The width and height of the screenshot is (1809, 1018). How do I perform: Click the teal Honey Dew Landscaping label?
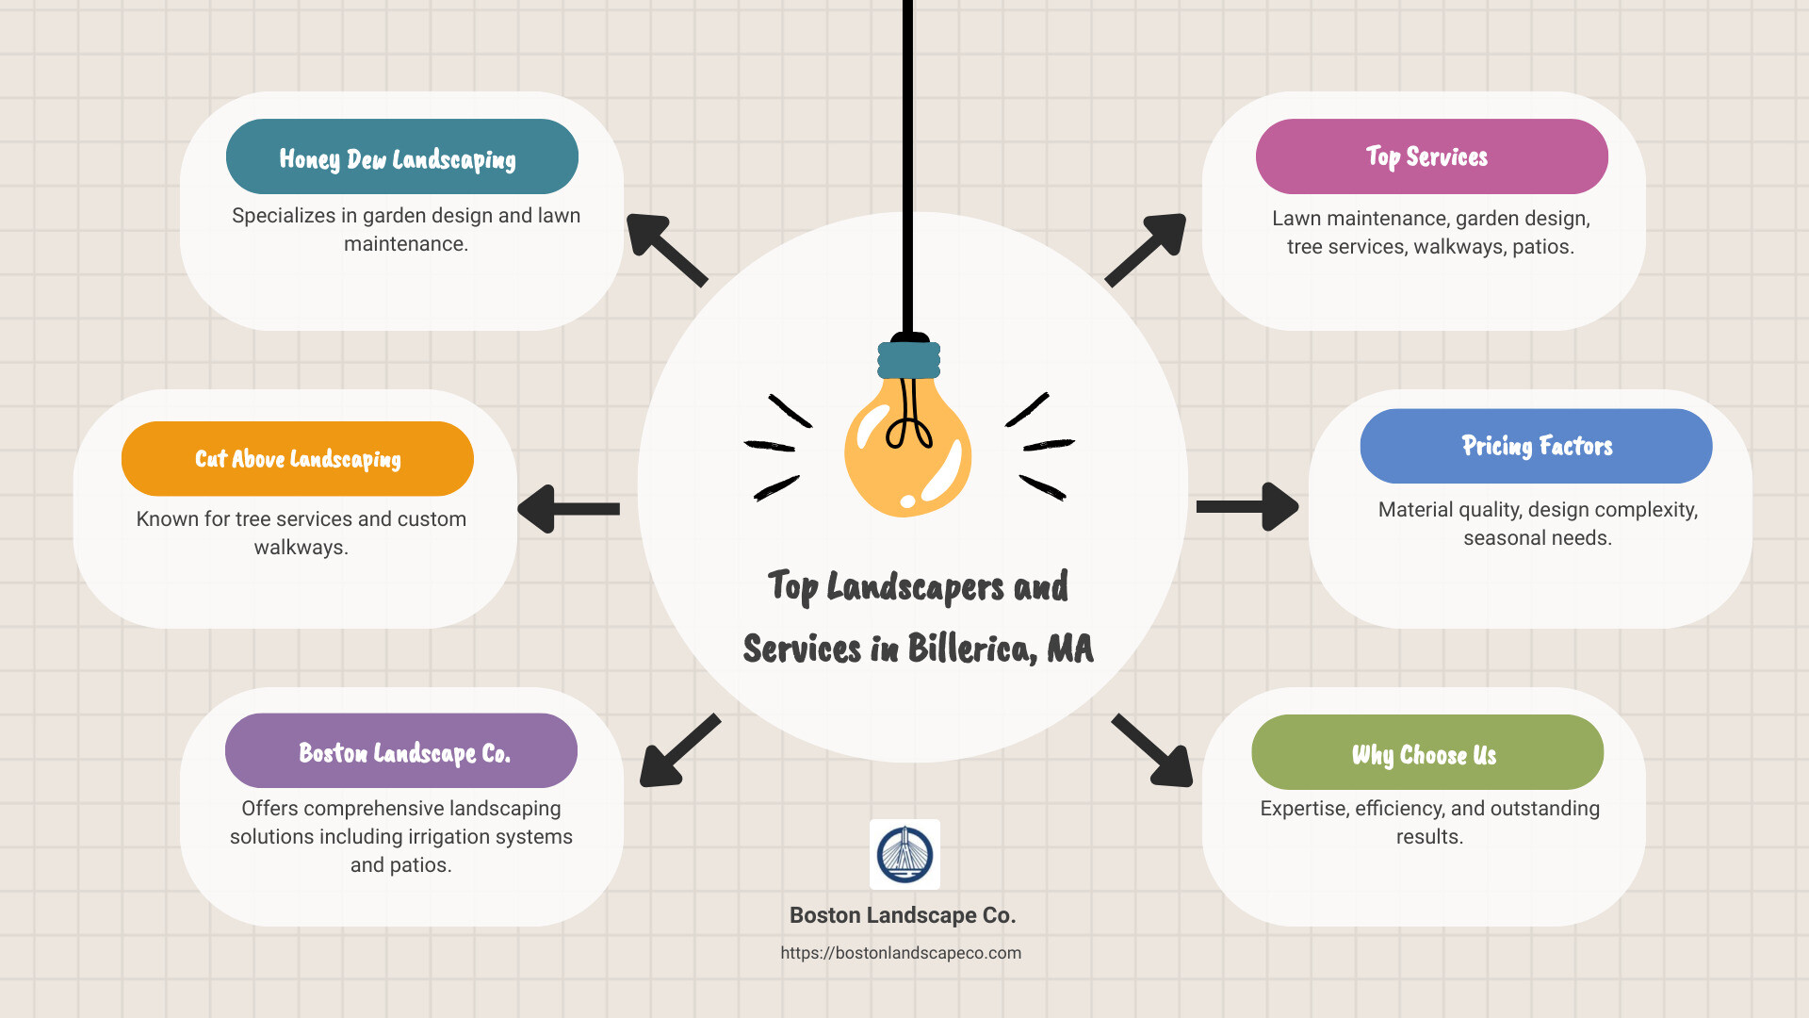coord(401,156)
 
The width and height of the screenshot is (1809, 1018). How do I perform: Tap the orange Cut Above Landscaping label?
coord(297,459)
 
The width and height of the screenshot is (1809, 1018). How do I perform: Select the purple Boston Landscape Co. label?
coord(401,751)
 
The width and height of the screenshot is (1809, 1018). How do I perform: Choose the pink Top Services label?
coord(1431,156)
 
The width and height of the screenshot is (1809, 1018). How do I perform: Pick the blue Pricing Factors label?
coord(1536,446)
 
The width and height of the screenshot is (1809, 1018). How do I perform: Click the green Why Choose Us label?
coord(1426,753)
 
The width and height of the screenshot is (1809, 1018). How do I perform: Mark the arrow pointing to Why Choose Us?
coord(1152,750)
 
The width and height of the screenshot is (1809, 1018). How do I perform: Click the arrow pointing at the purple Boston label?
coord(678,750)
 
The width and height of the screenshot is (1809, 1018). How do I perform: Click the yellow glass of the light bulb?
coord(906,452)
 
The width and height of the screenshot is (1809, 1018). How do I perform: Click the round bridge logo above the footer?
coord(904,854)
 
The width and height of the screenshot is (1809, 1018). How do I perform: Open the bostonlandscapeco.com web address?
coord(901,953)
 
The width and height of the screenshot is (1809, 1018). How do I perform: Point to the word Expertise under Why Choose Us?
coord(1303,809)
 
